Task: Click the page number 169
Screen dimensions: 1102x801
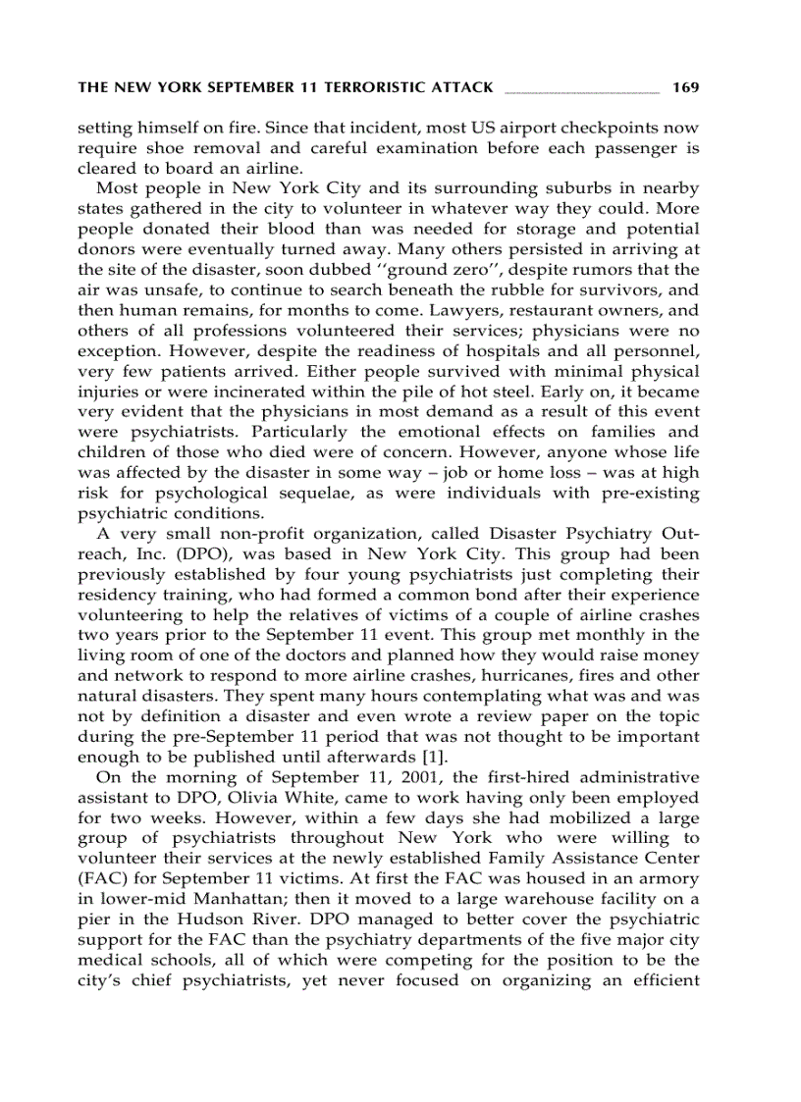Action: [x=685, y=87]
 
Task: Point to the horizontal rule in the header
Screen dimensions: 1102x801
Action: [x=581, y=91]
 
